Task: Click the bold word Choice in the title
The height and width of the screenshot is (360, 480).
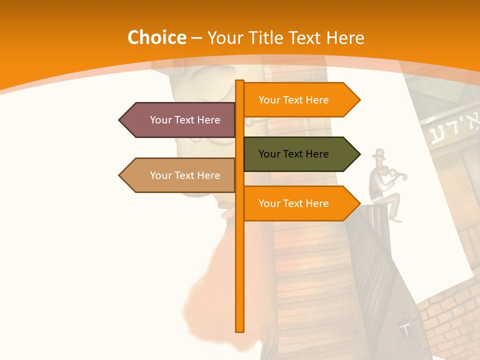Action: [x=156, y=38]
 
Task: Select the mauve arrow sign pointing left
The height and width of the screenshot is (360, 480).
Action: [x=180, y=120]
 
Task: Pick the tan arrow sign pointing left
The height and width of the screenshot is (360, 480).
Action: [x=180, y=175]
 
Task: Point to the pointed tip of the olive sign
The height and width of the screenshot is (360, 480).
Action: [x=359, y=154]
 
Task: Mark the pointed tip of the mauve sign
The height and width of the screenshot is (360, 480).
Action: [x=120, y=120]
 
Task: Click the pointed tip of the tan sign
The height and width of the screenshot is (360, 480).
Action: [x=120, y=175]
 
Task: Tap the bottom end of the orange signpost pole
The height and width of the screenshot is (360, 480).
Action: [x=240, y=330]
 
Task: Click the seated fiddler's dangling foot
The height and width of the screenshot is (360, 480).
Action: [x=396, y=219]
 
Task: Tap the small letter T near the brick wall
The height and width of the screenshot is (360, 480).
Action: [x=405, y=329]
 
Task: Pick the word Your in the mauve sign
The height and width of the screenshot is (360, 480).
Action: [x=160, y=120]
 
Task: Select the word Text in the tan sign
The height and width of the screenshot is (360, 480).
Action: [x=185, y=175]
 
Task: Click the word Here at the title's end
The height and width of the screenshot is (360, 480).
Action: [x=345, y=38]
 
